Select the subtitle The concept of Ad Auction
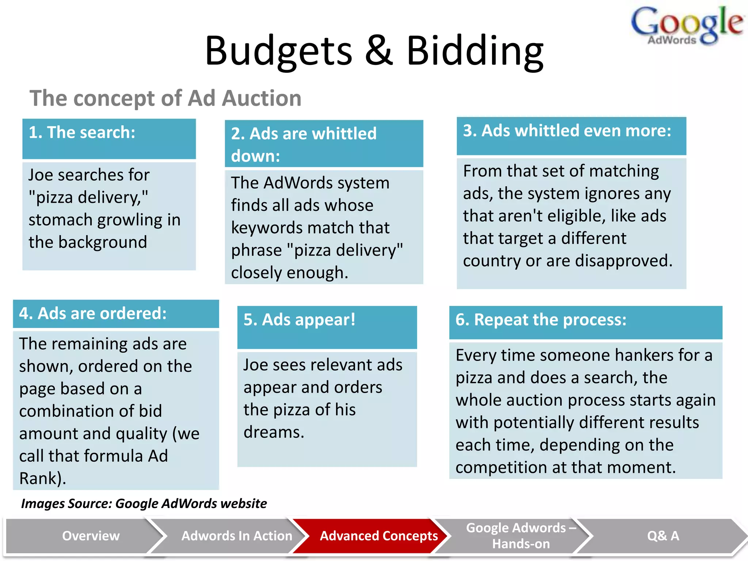(x=165, y=98)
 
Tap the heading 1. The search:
(x=82, y=132)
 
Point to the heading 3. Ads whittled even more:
(x=567, y=131)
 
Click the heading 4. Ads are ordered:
(x=93, y=313)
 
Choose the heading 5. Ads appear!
(x=299, y=320)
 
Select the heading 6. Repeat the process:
(x=541, y=320)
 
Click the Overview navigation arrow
(x=91, y=536)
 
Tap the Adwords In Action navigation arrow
(x=237, y=536)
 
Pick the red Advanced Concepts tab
(x=379, y=536)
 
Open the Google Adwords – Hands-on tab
(x=521, y=536)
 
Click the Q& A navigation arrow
(x=663, y=536)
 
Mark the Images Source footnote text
(x=144, y=504)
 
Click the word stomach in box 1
(x=61, y=220)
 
